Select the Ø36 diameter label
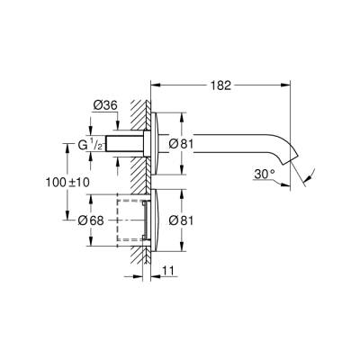click(x=105, y=106)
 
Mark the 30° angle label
click(x=264, y=173)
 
